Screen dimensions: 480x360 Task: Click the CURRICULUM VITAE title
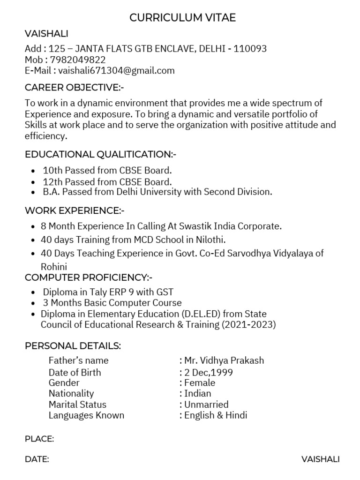pyautogui.click(x=182, y=18)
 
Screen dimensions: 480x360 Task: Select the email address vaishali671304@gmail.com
pyautogui.click(x=116, y=71)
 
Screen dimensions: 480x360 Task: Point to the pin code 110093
pyautogui.click(x=250, y=49)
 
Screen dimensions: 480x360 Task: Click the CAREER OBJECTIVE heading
pyautogui.click(x=75, y=88)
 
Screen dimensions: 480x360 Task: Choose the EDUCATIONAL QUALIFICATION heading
pyautogui.click(x=100, y=154)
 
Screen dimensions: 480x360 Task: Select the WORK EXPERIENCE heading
pyautogui.click(x=75, y=210)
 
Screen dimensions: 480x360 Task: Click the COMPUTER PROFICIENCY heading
pyautogui.click(x=89, y=277)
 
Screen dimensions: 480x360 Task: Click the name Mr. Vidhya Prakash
pyautogui.click(x=224, y=360)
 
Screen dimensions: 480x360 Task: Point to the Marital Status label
pyautogui.click(x=77, y=404)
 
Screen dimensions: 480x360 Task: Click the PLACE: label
pyautogui.click(x=39, y=439)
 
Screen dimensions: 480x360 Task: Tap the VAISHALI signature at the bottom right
pyautogui.click(x=321, y=459)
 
